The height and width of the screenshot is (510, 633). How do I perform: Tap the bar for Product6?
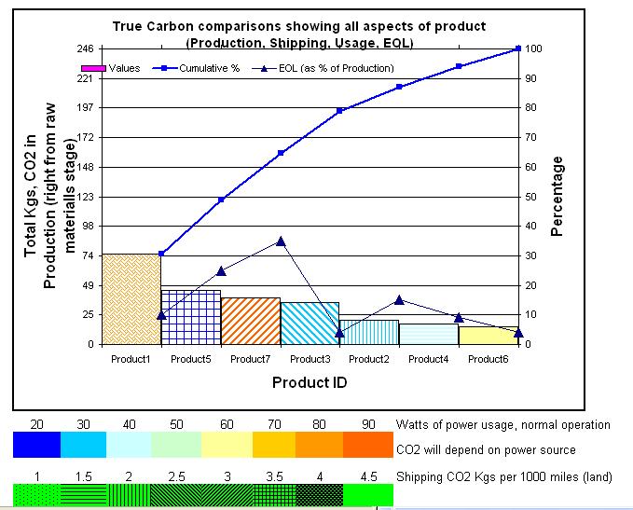tap(489, 336)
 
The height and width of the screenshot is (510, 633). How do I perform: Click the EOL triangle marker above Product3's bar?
tap(339, 333)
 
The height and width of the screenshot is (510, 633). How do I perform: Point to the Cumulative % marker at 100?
tap(517, 48)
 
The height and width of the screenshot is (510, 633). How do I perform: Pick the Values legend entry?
tap(112, 68)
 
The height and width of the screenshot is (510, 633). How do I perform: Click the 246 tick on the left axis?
tap(83, 48)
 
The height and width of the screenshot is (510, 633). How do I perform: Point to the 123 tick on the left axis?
tap(83, 197)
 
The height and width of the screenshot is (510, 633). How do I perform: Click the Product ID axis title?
tap(310, 382)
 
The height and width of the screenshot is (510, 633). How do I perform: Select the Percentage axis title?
tap(557, 197)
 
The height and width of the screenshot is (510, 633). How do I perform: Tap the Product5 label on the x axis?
tap(190, 359)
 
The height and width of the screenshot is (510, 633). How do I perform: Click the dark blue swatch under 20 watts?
tap(35, 446)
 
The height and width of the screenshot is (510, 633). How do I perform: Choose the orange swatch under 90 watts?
tap(368, 446)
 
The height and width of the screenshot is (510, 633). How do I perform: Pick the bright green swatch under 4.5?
tap(368, 495)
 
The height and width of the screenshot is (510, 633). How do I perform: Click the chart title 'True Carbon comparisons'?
tap(300, 27)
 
